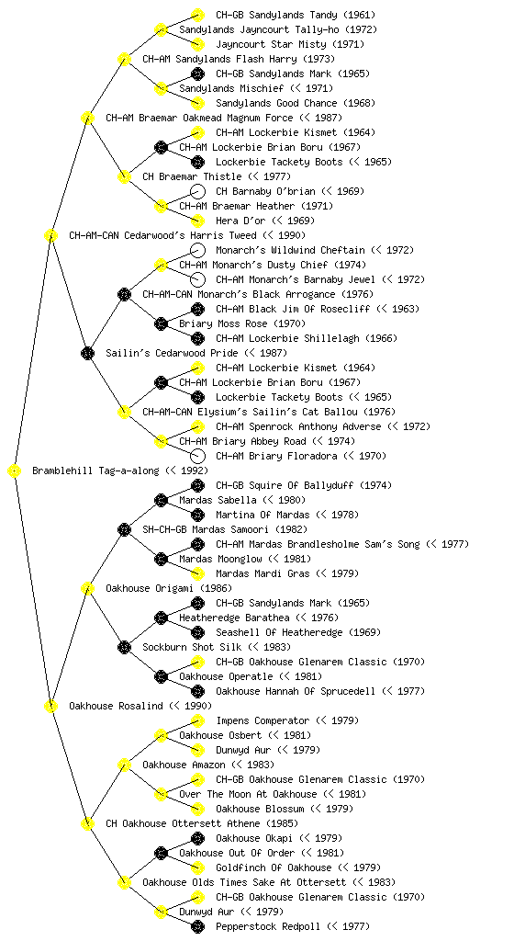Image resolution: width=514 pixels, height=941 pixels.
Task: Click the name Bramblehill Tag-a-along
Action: tap(95, 470)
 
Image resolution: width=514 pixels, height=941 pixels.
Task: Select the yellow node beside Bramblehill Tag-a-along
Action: tap(15, 471)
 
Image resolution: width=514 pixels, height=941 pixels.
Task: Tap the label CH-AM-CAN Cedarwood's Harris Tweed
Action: tap(163, 235)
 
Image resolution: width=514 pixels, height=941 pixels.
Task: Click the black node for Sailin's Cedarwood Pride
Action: tap(87, 353)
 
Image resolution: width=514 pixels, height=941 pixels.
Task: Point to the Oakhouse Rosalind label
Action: tap(117, 706)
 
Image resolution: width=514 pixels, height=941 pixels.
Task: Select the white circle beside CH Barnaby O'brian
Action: tap(197, 191)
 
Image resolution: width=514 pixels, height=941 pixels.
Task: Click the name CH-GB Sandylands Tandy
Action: tap(272, 15)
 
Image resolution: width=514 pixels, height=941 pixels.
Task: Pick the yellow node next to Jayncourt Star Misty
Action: tap(197, 44)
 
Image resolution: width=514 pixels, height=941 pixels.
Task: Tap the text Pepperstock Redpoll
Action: tap(269, 926)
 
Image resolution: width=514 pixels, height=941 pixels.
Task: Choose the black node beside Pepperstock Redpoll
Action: tap(197, 926)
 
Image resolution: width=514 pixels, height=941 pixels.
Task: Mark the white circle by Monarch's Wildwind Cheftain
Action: tap(197, 250)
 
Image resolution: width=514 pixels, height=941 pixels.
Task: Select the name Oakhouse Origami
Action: tap(150, 588)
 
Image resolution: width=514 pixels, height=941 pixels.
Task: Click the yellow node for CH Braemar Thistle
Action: tap(124, 176)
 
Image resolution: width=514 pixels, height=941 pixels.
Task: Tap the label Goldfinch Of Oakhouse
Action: tap(274, 867)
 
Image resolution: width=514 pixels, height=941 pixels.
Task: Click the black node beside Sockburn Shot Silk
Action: tap(124, 647)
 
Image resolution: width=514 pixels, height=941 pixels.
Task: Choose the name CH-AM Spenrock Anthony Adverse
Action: tap(298, 426)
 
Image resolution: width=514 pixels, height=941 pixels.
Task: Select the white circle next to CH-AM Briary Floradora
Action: tap(197, 456)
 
